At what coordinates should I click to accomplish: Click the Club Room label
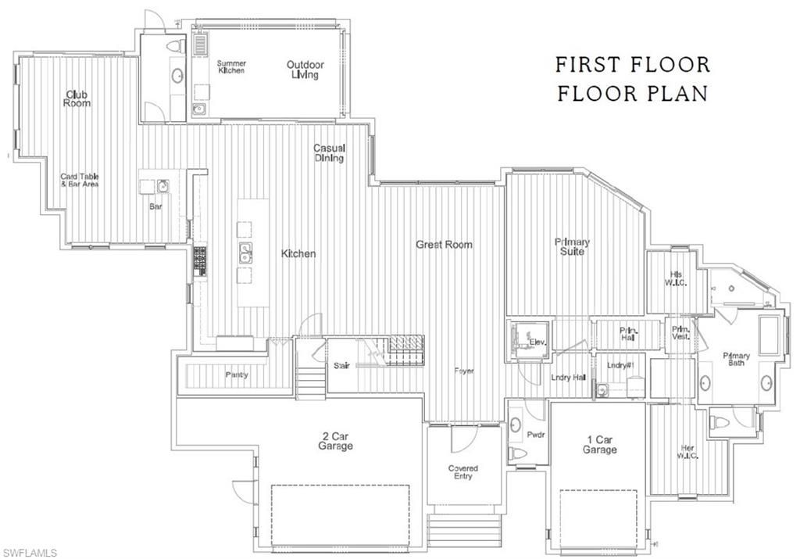tap(77, 99)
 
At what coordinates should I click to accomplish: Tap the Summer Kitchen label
tap(231, 66)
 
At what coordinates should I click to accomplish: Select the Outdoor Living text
tap(305, 70)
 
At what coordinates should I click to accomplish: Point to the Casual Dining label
tap(329, 152)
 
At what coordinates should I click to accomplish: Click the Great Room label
tap(444, 245)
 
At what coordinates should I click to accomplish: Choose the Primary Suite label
tap(572, 246)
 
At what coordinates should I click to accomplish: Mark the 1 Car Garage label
tap(599, 444)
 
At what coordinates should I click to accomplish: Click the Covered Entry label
tap(462, 472)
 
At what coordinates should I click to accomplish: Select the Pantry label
tap(237, 375)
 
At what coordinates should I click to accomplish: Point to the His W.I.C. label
tap(677, 278)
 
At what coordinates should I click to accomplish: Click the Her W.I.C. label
tap(687, 451)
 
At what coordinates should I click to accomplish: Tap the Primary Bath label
tap(736, 360)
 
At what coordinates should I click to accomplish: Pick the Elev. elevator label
tap(537, 342)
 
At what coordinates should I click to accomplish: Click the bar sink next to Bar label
tap(162, 185)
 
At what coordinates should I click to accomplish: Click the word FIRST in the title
tap(593, 64)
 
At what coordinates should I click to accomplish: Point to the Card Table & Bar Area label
tap(80, 181)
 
